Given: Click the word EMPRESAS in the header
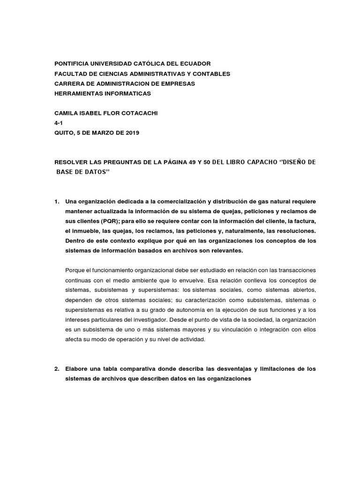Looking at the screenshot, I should click(x=176, y=83).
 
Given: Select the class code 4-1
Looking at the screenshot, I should click(x=59, y=123).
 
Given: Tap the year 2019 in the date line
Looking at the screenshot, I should click(x=132, y=133).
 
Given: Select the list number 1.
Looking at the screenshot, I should click(x=57, y=202).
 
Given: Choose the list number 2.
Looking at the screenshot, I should click(x=57, y=369).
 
